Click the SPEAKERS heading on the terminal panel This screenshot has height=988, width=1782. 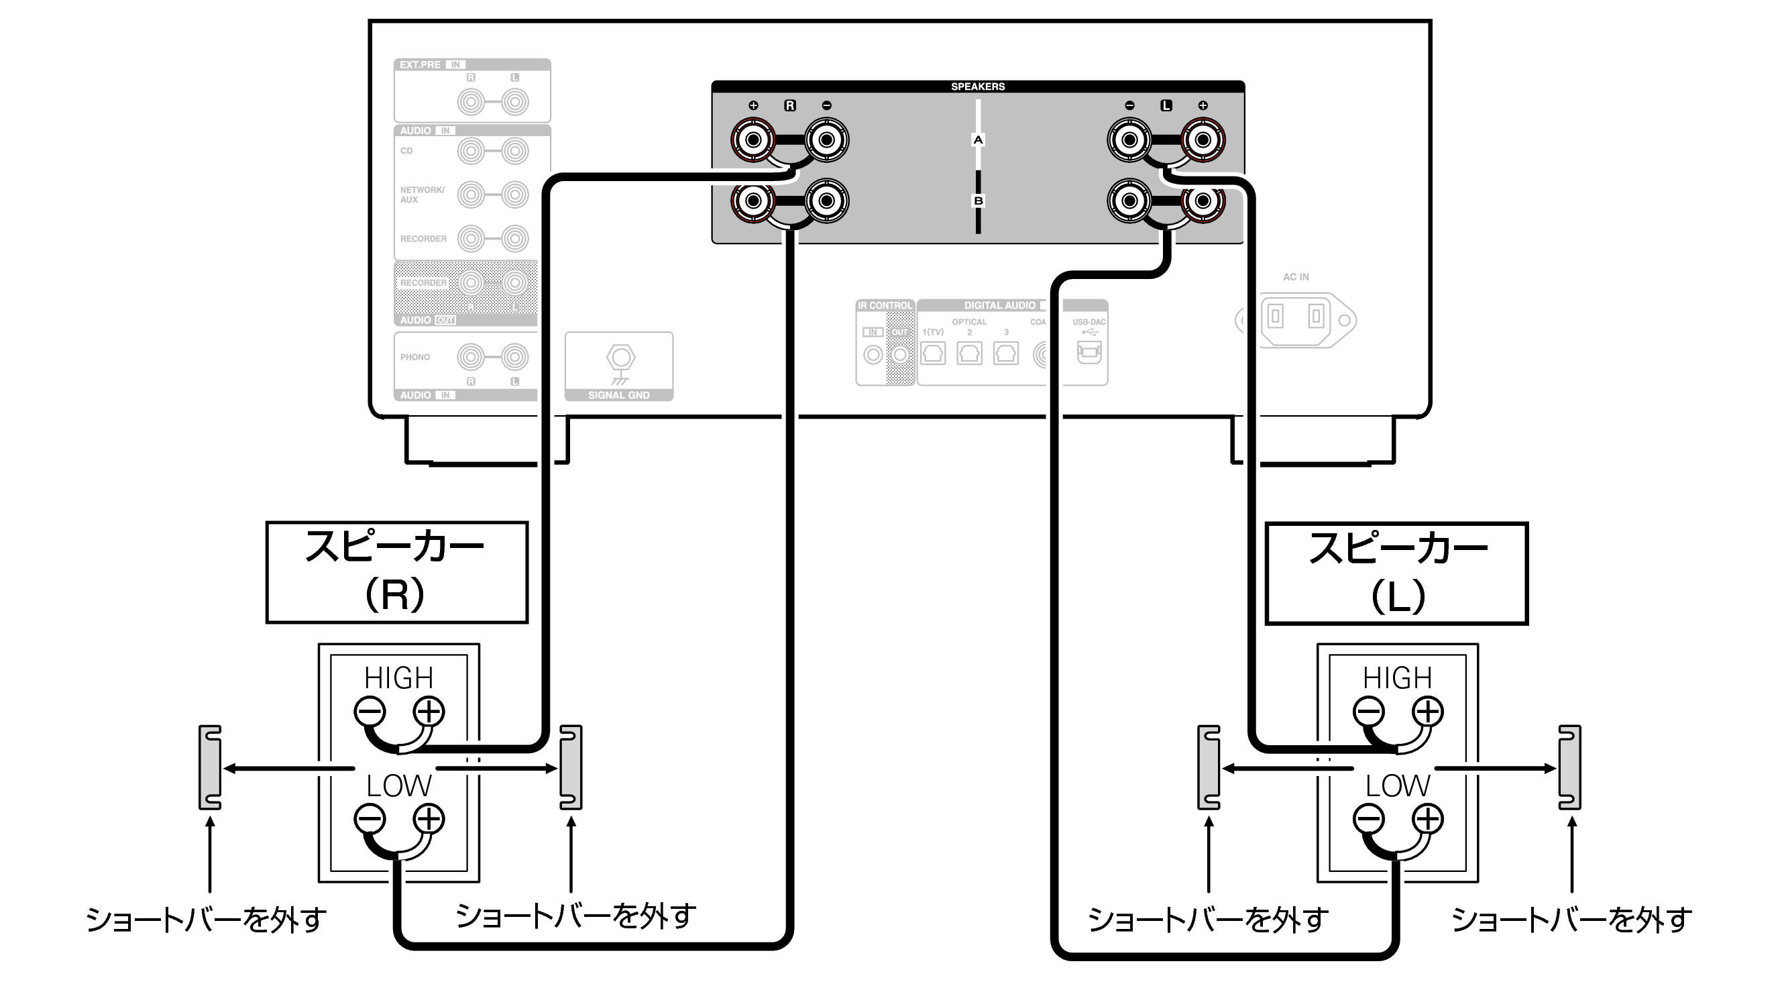977,87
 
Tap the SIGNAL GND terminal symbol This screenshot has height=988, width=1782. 620,358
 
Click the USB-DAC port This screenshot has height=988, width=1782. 1088,352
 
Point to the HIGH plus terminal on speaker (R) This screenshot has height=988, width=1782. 429,711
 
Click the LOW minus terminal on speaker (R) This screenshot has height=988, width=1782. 370,819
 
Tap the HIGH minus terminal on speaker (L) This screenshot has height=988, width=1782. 1368,711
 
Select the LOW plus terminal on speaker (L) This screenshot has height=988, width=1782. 1428,819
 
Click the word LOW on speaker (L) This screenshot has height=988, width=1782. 1398,786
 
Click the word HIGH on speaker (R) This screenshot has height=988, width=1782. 398,678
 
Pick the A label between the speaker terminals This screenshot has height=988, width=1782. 977,140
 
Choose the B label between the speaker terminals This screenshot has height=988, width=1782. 977,201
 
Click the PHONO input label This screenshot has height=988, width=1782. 415,357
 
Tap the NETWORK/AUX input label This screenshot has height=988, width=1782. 422,195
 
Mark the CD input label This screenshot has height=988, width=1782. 406,151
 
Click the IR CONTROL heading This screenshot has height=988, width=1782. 885,305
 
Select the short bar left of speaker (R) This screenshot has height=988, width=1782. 210,767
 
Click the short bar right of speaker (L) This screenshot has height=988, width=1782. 1569,767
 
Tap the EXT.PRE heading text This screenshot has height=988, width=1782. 420,65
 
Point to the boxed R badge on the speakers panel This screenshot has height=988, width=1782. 789,106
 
